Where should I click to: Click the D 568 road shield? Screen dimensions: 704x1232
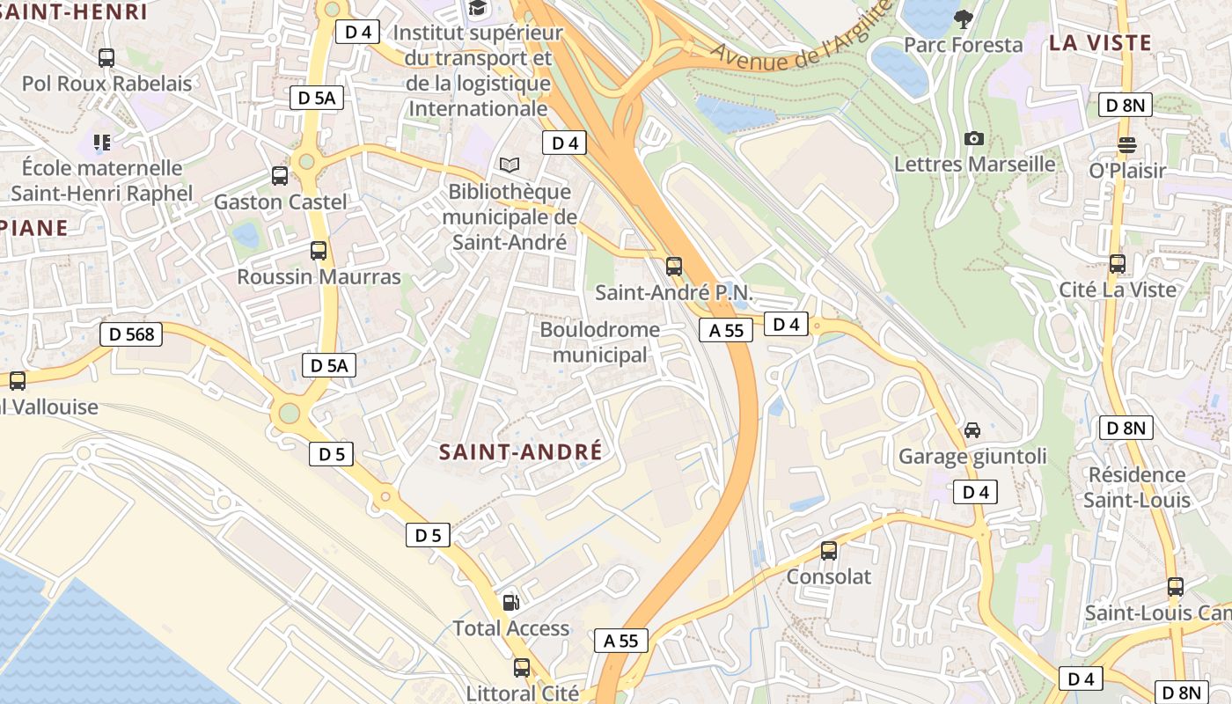pyautogui.click(x=131, y=334)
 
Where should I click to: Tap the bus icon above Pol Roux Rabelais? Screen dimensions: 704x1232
pyautogui.click(x=106, y=58)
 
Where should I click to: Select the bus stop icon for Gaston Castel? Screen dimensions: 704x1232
pyautogui.click(x=280, y=176)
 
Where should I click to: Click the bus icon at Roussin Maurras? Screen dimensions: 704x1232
pyautogui.click(x=319, y=251)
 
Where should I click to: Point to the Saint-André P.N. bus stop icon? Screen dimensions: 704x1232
pyautogui.click(x=674, y=266)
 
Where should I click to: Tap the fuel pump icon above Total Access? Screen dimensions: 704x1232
pyautogui.click(x=510, y=603)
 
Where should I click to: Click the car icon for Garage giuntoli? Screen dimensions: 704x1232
pyautogui.click(x=972, y=430)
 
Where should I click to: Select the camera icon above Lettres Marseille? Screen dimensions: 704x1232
pyautogui.click(x=974, y=138)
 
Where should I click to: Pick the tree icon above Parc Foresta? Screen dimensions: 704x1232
pyautogui.click(x=964, y=18)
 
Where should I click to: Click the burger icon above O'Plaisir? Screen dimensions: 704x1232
pyautogui.click(x=1127, y=145)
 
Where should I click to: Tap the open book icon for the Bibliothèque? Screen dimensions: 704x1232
pyautogui.click(x=509, y=165)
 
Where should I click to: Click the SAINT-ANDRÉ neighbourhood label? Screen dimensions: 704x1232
pyautogui.click(x=521, y=452)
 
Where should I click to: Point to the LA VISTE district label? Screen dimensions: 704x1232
pyautogui.click(x=1100, y=43)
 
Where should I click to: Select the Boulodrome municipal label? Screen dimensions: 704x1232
pyautogui.click(x=599, y=342)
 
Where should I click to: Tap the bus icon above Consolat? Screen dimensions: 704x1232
pyautogui.click(x=829, y=551)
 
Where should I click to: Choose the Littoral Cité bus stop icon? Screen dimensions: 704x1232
pyautogui.click(x=522, y=668)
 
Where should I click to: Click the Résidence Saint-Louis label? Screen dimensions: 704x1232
pyautogui.click(x=1137, y=488)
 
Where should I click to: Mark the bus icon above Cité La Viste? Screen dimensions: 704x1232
pyautogui.click(x=1118, y=264)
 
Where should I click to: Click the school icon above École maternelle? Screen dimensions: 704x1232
pyautogui.click(x=102, y=142)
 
